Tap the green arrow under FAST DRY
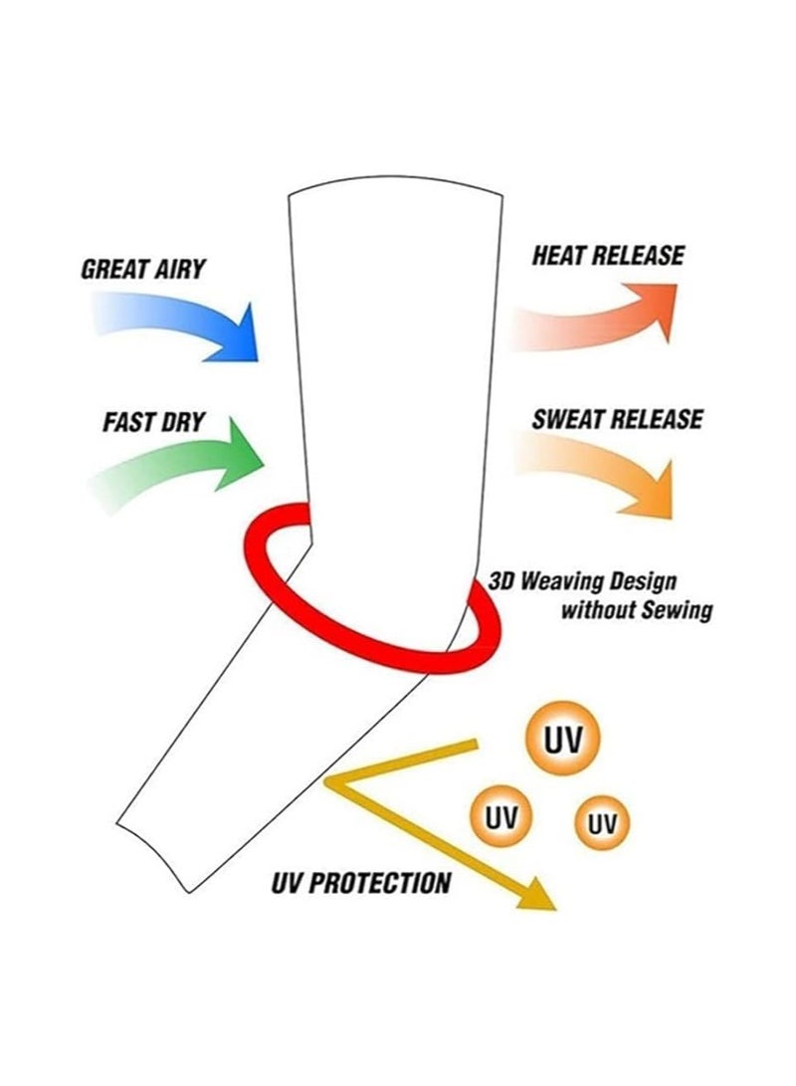[187, 463]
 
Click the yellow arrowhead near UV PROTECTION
[537, 896]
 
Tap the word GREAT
[113, 269]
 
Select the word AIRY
[179, 269]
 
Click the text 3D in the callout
[501, 581]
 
